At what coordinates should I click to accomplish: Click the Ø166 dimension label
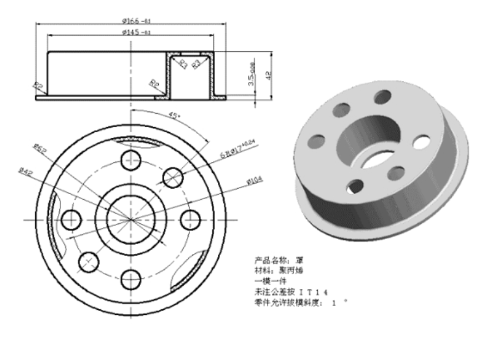(135, 21)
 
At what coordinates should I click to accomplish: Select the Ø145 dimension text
(135, 32)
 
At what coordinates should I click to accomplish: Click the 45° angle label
(174, 117)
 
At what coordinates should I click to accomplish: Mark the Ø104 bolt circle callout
(255, 181)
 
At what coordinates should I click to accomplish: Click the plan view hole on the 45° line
(173, 176)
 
